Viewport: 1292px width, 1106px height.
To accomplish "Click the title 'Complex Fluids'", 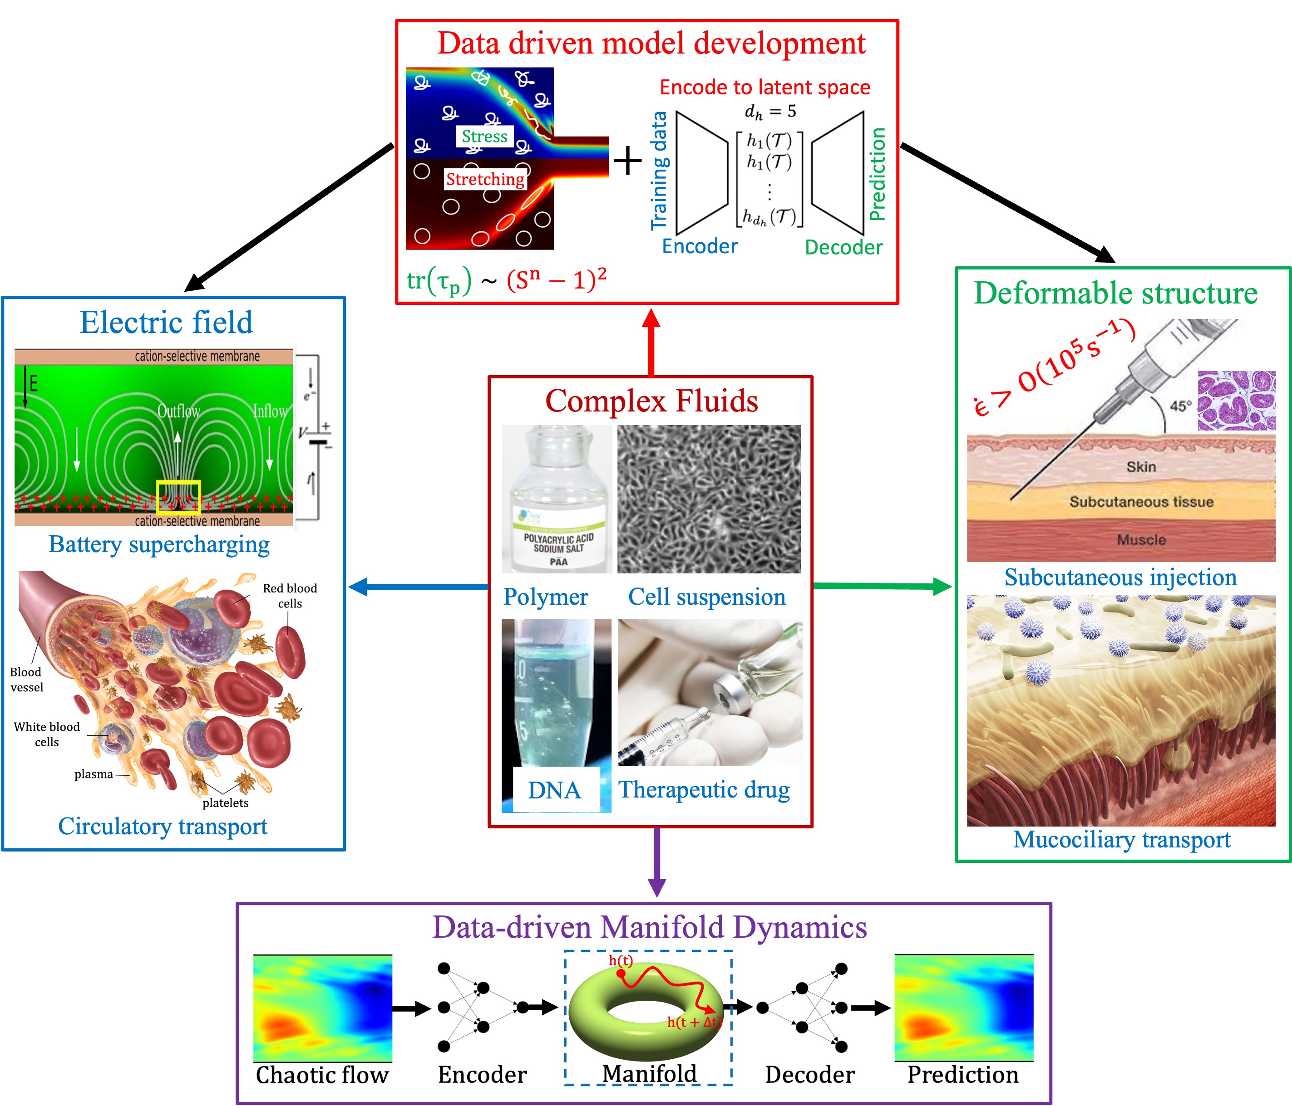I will [x=651, y=401].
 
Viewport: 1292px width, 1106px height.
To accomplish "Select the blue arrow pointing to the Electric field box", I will [x=418, y=586].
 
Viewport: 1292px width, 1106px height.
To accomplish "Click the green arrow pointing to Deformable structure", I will [x=883, y=586].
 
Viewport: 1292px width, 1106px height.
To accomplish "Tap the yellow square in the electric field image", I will [x=178, y=497].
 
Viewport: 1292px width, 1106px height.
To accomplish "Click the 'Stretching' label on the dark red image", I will [x=485, y=180].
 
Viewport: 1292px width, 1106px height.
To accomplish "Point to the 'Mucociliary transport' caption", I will [x=1121, y=839].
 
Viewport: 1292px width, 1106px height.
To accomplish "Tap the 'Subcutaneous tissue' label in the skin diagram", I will [x=1141, y=502].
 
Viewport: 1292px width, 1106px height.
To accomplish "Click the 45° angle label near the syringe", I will [x=1180, y=406].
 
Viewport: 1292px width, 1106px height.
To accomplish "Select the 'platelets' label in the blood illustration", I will [x=225, y=803].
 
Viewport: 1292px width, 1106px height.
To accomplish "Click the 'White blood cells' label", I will [x=47, y=734].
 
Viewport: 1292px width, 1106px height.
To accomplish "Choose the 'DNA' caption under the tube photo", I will [x=554, y=790].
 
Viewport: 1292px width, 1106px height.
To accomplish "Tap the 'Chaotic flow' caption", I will [x=322, y=1075].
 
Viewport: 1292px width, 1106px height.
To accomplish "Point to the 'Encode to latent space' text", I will [x=764, y=87].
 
